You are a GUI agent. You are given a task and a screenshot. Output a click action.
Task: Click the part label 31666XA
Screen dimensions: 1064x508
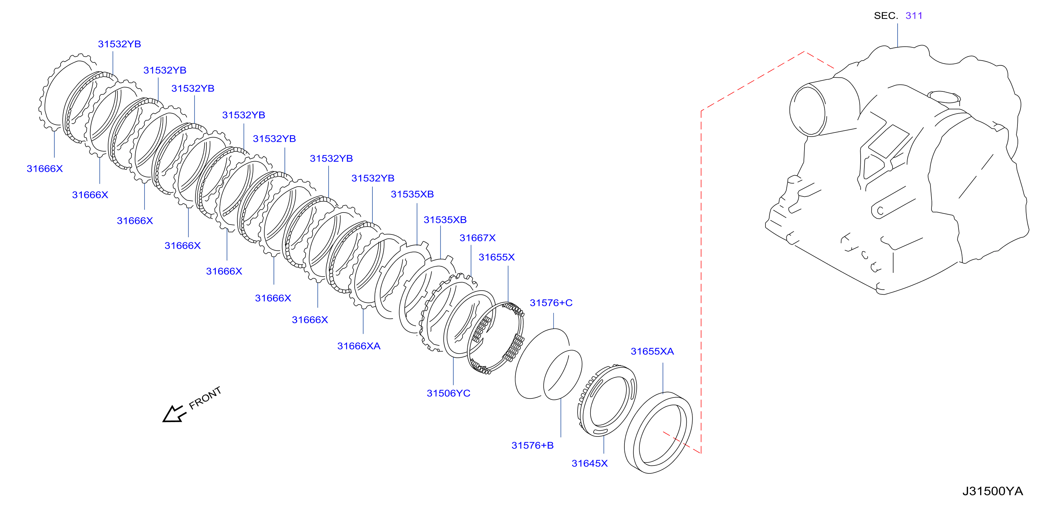click(358, 346)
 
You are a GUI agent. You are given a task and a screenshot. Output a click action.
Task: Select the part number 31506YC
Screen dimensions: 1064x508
click(448, 393)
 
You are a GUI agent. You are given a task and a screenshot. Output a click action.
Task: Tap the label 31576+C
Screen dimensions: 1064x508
click(551, 303)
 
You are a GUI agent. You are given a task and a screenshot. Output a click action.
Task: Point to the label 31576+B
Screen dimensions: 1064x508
click(532, 445)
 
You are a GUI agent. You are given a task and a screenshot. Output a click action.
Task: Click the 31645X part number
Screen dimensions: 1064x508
click(590, 463)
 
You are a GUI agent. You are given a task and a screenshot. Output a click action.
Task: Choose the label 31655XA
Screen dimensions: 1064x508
click(652, 352)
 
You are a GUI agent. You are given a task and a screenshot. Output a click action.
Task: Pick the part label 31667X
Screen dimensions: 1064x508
click(478, 238)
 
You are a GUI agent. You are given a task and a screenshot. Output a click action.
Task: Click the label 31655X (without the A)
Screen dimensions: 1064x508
click(496, 257)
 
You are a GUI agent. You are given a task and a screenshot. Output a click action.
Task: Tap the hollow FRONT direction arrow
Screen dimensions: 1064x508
click(174, 414)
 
